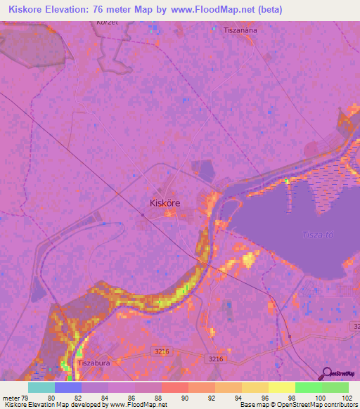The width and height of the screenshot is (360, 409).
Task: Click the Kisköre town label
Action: (165, 202)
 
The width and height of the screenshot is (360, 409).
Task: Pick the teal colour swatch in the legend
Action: (41, 387)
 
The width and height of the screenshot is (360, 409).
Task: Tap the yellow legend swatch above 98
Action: (282, 387)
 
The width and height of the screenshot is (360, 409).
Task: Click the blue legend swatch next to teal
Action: (68, 387)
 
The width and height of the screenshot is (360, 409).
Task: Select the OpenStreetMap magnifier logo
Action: (325, 373)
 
